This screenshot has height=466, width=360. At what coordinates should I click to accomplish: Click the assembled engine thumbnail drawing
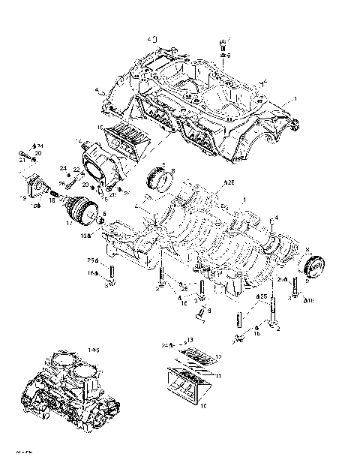coord(70,390)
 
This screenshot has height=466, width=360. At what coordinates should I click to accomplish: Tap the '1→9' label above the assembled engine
coord(94,350)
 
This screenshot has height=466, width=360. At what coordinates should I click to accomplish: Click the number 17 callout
coord(70,223)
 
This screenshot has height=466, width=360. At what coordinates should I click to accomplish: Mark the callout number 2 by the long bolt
coord(277,329)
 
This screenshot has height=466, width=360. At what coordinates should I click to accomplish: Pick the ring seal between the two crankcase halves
coord(160,179)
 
